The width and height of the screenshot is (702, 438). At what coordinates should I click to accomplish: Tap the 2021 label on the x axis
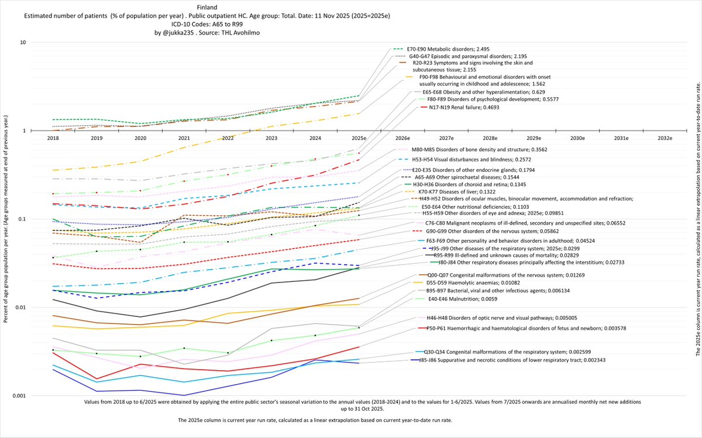[x=183, y=138]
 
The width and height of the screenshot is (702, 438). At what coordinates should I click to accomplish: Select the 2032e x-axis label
[x=665, y=138]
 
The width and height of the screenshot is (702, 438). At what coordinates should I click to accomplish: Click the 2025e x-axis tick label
[x=359, y=138]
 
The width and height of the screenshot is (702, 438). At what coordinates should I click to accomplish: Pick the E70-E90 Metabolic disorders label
[x=445, y=49]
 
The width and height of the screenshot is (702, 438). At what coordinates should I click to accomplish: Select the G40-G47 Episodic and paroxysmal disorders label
[x=461, y=56]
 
